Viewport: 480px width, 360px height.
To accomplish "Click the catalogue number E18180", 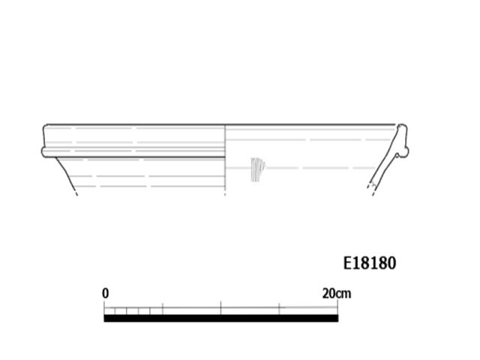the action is (370, 263).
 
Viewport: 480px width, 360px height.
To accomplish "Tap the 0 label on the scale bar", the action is (105, 293).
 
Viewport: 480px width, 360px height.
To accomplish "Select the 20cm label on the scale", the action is (337, 293).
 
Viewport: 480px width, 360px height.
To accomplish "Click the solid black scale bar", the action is (221, 318).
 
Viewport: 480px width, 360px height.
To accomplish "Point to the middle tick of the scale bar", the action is (220, 307).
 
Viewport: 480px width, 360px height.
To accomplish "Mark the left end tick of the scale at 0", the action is (104, 307).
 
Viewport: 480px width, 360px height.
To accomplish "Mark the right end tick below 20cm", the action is (337, 307).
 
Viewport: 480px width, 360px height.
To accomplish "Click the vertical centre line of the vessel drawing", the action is (225, 160).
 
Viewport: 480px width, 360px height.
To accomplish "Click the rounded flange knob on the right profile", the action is (403, 152).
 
